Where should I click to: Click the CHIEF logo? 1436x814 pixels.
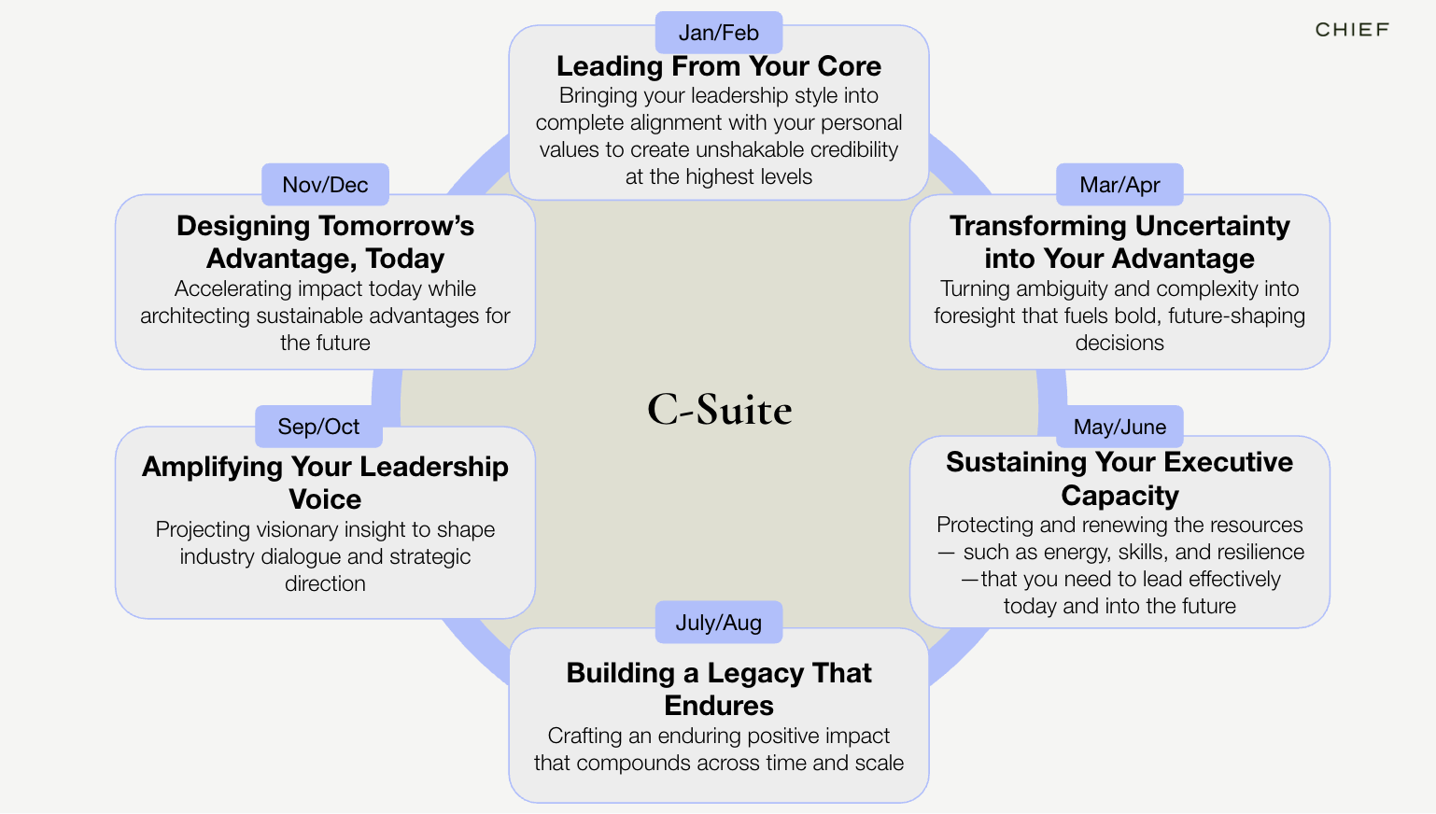[x=1352, y=30]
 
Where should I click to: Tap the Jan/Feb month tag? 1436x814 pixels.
[x=718, y=33]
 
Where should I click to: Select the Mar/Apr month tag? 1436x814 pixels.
[x=1119, y=185]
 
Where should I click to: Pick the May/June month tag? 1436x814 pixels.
[x=1119, y=427]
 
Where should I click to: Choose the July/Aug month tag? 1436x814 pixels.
[x=718, y=623]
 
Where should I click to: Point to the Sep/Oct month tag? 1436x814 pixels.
[x=318, y=427]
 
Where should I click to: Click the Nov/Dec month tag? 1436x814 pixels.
[x=325, y=185]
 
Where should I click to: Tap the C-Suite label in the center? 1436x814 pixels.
[x=719, y=410]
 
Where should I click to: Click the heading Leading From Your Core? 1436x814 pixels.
[x=719, y=66]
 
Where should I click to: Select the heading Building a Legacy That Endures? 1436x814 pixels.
[x=719, y=689]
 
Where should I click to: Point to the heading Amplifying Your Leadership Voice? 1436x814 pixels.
[x=325, y=482]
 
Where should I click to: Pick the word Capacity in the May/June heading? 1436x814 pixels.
[x=1119, y=496]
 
